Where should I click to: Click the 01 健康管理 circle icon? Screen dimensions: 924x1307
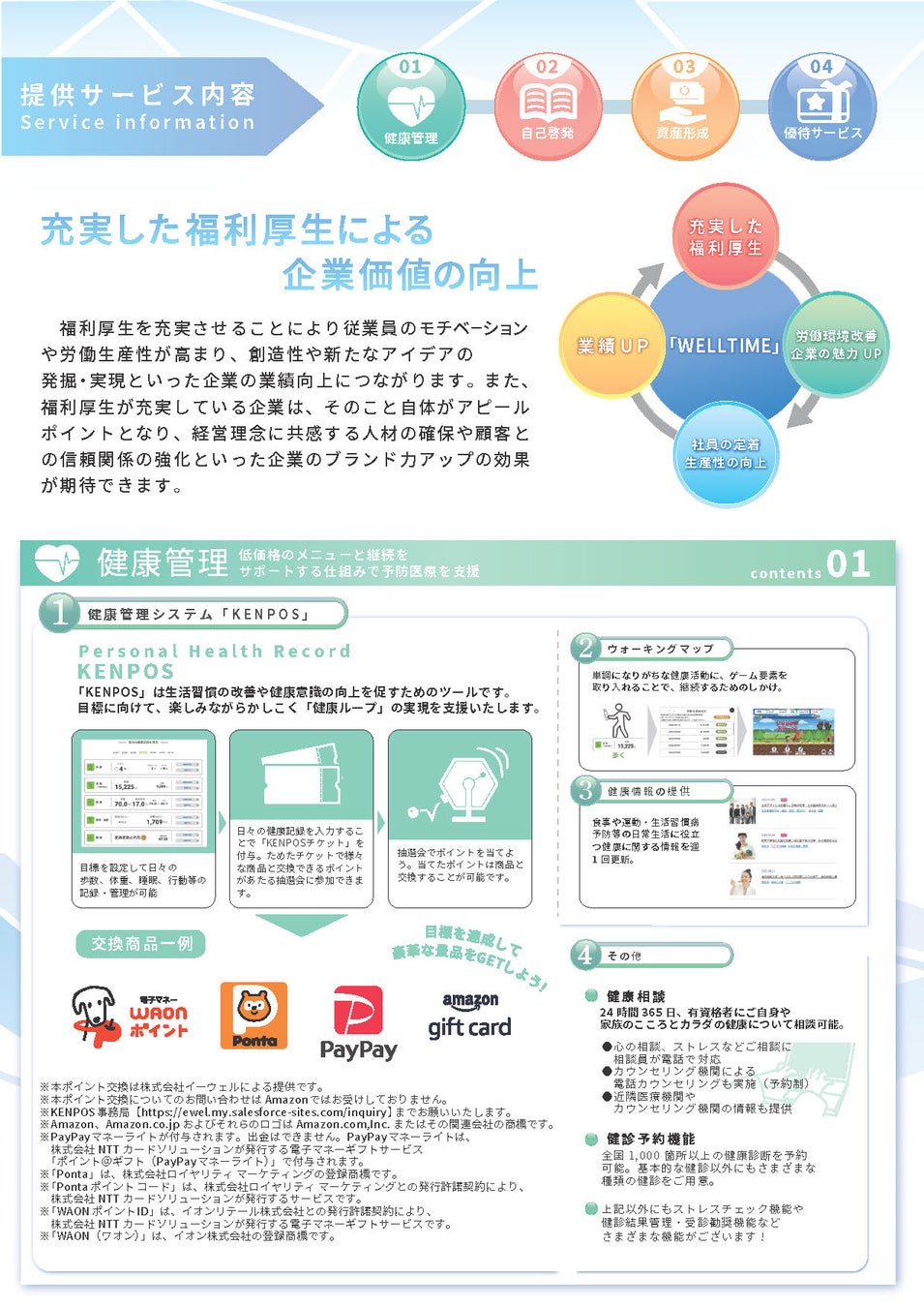(x=411, y=106)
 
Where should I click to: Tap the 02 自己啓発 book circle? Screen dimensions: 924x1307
(x=548, y=106)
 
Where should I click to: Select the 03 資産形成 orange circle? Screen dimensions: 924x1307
(x=684, y=106)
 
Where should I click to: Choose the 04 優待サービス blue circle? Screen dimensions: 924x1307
(x=821, y=106)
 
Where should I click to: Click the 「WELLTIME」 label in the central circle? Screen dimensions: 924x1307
(x=724, y=346)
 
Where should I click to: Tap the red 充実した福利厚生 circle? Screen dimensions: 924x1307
(x=726, y=237)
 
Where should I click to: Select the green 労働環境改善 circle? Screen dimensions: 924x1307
(x=836, y=345)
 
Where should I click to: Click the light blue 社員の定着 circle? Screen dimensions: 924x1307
(x=726, y=453)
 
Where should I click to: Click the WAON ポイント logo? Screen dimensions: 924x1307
(x=130, y=1017)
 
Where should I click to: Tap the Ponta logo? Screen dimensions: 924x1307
(x=253, y=1017)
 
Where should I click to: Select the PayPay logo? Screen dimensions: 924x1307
(x=358, y=1023)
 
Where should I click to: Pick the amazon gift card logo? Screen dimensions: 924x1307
(x=470, y=1016)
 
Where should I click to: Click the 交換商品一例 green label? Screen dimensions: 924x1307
(x=140, y=944)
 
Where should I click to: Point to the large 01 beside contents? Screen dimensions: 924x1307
(x=848, y=564)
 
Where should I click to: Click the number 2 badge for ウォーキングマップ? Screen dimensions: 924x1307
(x=585, y=648)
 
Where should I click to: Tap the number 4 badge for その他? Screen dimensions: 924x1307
(x=585, y=955)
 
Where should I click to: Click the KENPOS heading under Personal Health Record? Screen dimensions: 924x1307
(x=126, y=671)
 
